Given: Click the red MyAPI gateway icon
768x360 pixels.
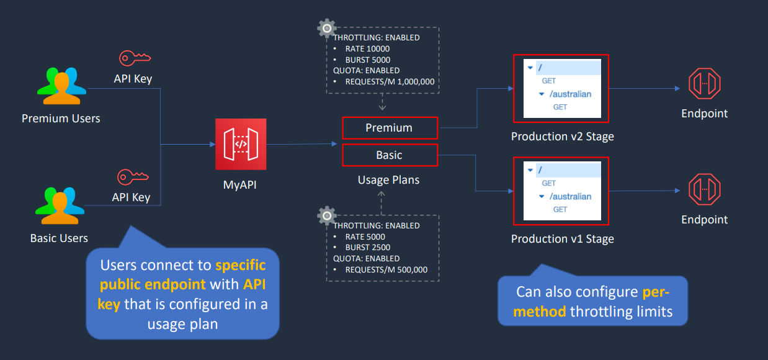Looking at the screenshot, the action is click(241, 144).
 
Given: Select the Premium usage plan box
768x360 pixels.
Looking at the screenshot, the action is click(390, 128).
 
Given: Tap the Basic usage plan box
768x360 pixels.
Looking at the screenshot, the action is click(390, 155).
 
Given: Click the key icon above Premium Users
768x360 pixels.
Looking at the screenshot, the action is click(135, 58).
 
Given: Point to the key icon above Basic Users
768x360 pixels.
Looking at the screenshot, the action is click(133, 177).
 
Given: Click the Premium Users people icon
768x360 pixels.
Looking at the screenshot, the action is click(61, 86).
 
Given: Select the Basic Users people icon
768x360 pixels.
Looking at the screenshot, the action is click(60, 205).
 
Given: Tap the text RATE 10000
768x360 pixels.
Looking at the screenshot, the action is click(367, 49).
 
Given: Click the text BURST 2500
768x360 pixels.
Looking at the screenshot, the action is click(367, 248).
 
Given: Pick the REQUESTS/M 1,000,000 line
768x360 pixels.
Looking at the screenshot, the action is click(390, 82).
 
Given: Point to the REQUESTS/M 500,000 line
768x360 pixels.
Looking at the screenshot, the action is click(386, 270).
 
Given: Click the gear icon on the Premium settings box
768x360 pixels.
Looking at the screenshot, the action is click(327, 28).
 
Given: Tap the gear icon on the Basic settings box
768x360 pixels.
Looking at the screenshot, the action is click(327, 215).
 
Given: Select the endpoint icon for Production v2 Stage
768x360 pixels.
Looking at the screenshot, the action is click(705, 84).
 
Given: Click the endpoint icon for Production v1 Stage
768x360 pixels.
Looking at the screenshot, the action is click(705, 189).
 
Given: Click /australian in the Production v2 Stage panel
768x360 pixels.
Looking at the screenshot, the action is click(570, 94).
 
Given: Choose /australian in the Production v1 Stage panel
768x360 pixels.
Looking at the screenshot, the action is click(570, 196).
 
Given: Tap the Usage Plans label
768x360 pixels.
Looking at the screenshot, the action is click(388, 180).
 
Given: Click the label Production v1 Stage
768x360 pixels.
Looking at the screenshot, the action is click(562, 239).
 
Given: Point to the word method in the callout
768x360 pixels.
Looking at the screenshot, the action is click(539, 312).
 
